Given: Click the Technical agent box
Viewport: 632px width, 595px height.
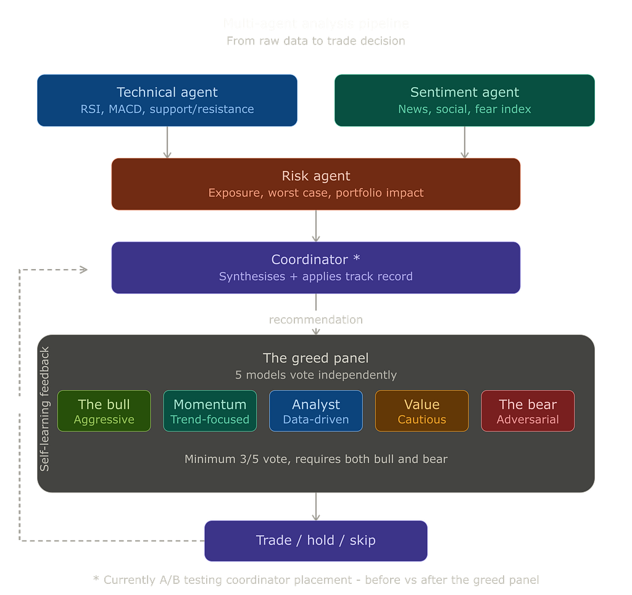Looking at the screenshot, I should coord(167,101).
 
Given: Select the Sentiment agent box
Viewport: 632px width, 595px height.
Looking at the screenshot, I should coord(464,101).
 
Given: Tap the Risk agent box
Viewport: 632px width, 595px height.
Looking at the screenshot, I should coord(316,183).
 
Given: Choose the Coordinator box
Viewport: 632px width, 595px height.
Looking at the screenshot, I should coord(316,267).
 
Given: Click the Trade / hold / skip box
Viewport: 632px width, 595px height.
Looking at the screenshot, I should coord(316,541).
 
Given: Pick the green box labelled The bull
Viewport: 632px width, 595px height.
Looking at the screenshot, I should coord(104,411).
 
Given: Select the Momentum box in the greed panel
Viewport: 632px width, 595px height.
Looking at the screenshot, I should coord(210,411).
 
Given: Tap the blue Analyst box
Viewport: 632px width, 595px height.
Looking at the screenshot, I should coord(316,411).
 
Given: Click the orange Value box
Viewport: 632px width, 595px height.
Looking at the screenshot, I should coord(422,411).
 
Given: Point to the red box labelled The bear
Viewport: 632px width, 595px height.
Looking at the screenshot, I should coord(528,411).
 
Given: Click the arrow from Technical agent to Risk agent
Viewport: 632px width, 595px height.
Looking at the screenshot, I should coord(167,143).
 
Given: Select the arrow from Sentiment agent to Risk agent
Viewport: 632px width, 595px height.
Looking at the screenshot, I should coord(465,143).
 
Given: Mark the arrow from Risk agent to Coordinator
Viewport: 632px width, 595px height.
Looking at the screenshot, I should coord(316,226).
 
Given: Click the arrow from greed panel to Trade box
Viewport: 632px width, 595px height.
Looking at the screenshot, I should coord(316,506).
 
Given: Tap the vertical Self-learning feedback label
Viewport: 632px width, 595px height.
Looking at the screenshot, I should coord(44,409).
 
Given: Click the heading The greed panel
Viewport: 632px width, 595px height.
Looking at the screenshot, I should coord(316,358).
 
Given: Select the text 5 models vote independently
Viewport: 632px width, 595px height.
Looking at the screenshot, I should coord(316,375).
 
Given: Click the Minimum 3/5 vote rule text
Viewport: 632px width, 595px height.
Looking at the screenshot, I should coord(316,459).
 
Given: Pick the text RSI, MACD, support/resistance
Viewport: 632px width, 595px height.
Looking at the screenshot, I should coord(167,109).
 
